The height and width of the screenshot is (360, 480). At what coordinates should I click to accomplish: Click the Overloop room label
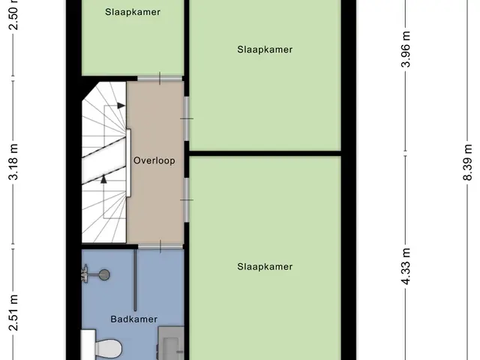click(154, 160)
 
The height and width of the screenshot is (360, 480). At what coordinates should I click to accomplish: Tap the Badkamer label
click(134, 319)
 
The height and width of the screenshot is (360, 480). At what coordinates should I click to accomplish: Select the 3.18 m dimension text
click(13, 162)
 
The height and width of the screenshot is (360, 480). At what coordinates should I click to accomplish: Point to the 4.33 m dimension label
click(406, 266)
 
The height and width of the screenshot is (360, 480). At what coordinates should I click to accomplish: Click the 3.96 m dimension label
click(406, 49)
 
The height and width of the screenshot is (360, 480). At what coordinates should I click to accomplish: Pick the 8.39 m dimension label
click(468, 163)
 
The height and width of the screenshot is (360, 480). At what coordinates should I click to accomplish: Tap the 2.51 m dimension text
click(13, 313)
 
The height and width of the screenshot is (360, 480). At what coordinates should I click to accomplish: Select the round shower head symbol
click(105, 274)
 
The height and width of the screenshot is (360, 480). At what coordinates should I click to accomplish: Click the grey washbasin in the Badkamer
click(171, 343)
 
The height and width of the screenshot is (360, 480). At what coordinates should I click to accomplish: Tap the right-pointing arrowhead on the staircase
click(121, 106)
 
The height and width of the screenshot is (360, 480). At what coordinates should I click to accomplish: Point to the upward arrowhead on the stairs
click(103, 178)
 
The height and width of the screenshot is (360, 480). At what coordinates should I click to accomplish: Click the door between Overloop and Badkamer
click(160, 247)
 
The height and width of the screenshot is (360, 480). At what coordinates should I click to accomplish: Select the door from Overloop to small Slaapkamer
click(160, 78)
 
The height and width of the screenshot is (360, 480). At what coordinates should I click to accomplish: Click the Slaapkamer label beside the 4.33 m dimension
click(265, 267)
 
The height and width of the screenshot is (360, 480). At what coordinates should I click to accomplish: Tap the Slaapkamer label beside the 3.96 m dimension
click(265, 49)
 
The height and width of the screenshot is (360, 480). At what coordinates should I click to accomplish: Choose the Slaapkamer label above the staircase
click(133, 12)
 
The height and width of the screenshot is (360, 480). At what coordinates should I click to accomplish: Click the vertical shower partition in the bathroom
click(135, 280)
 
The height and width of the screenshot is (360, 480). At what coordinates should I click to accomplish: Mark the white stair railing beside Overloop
click(128, 163)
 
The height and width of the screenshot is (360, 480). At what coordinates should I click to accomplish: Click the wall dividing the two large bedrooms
click(265, 153)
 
